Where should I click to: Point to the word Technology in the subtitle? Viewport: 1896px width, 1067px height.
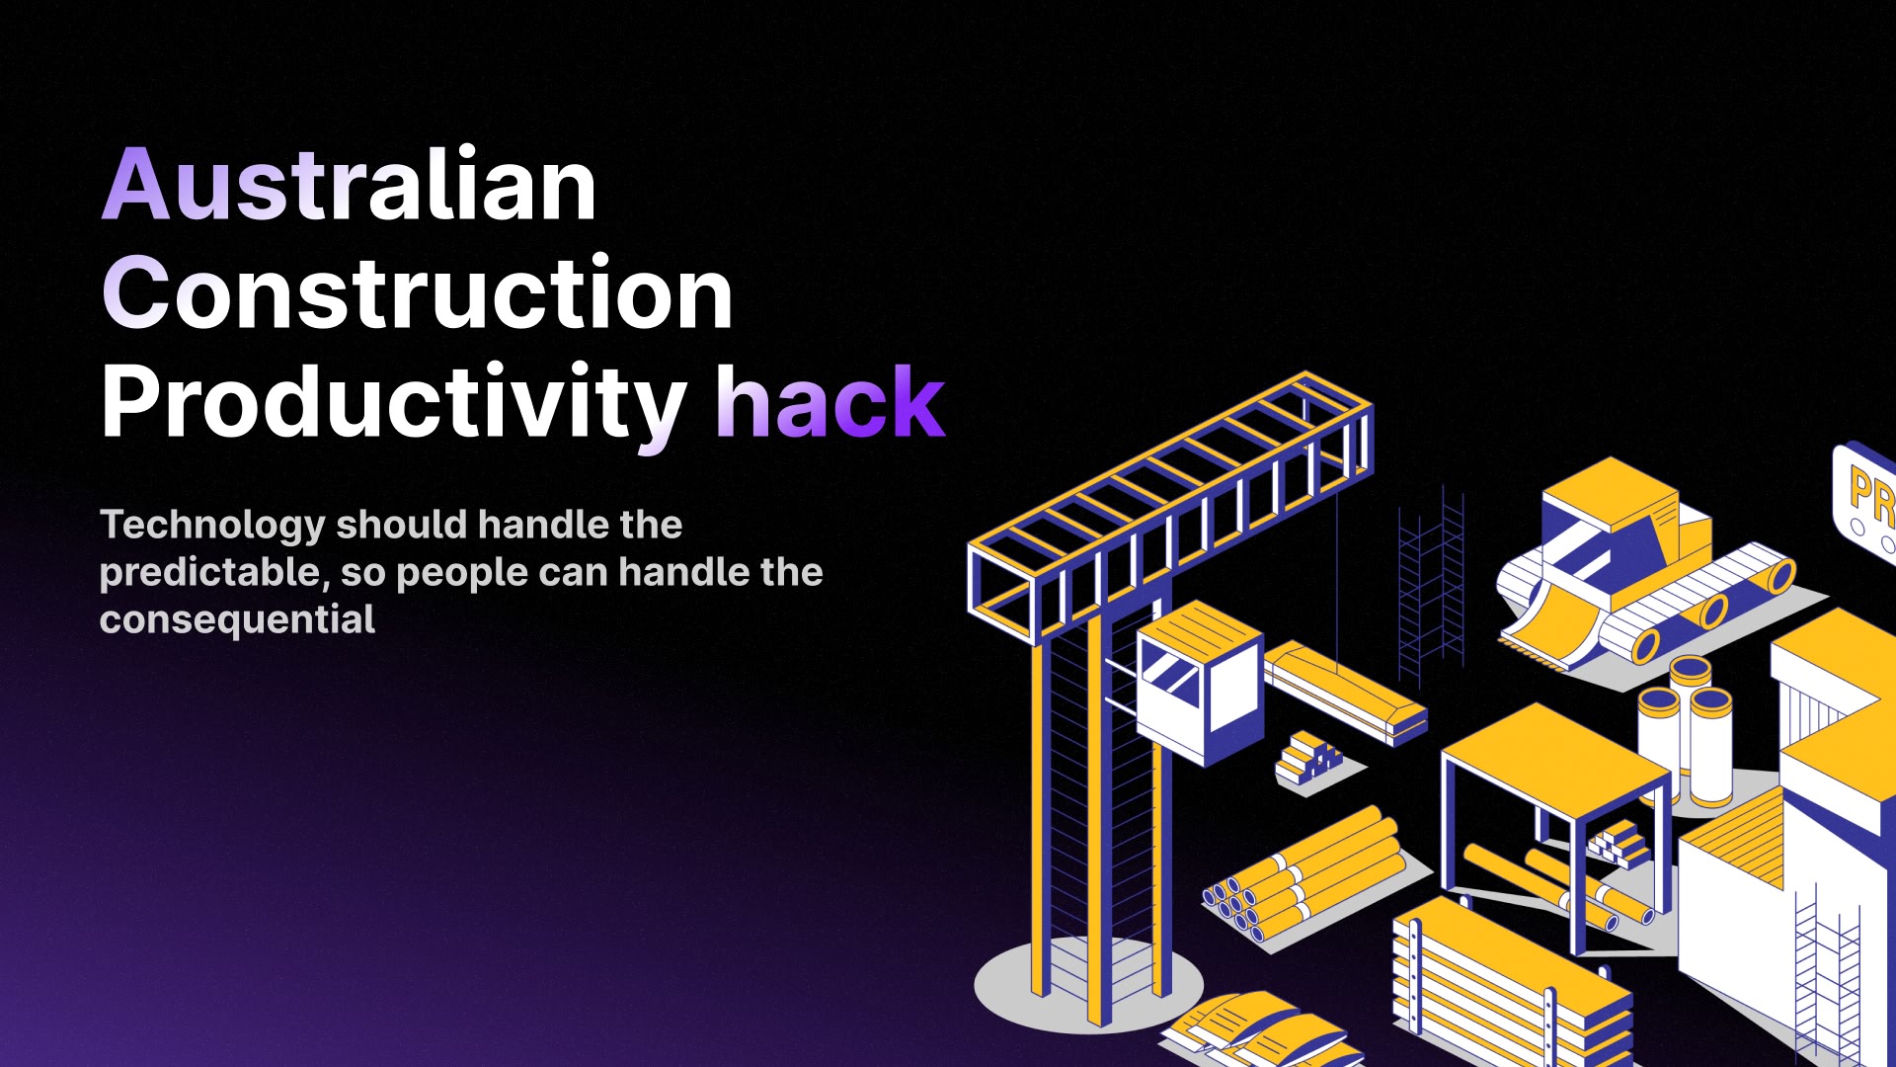tap(212, 526)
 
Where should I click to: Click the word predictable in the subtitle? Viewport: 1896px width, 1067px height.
tap(210, 573)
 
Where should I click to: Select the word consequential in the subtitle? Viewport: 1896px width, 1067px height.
tap(237, 619)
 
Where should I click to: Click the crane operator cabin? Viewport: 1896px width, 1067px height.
tap(1199, 682)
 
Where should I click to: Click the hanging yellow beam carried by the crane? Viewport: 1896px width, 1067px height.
tap(1345, 692)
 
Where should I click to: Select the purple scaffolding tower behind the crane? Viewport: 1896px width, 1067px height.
tap(1431, 587)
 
